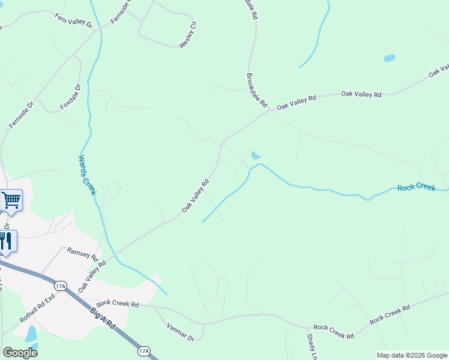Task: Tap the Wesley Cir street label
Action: (188, 35)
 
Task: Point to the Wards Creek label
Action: (87, 175)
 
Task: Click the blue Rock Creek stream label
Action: (416, 188)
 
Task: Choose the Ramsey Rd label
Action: (82, 253)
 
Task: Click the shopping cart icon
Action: (11, 200)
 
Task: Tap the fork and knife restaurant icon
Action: (6, 241)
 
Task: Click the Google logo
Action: (20, 353)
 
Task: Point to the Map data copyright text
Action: (412, 355)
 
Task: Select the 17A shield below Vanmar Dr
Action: (143, 350)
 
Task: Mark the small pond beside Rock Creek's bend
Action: (256, 155)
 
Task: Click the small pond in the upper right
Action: (390, 58)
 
